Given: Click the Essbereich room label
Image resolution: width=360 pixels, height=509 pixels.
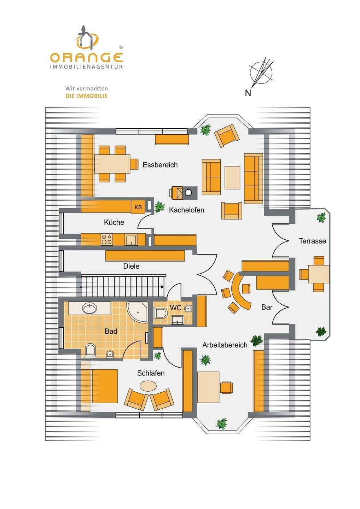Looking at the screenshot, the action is (x=160, y=165).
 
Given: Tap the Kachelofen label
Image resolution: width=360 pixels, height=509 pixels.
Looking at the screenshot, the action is (x=186, y=210).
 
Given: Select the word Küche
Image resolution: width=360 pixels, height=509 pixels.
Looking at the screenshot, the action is (x=114, y=222).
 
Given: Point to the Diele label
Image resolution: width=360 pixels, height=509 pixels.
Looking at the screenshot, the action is (x=131, y=266).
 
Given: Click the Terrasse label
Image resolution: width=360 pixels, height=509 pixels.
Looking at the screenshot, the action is (x=312, y=241).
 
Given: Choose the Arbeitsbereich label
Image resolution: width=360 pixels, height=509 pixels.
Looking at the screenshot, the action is (x=225, y=345).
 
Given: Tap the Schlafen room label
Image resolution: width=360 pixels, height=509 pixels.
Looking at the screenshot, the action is (x=151, y=373).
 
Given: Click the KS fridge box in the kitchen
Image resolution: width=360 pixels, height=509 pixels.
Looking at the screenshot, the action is (x=138, y=207).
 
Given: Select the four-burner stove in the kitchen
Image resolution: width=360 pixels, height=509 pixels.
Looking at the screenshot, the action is (x=107, y=240).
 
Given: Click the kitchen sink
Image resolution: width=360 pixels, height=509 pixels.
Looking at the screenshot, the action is (x=130, y=240).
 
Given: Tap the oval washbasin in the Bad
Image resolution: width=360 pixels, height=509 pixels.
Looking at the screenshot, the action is (x=89, y=308).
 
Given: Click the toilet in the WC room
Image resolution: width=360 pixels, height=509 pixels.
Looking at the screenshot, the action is (x=161, y=313).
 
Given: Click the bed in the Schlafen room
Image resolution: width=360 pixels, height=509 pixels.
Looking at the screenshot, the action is (x=100, y=386).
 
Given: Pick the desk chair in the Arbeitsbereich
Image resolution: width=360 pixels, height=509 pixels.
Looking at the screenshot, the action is (x=226, y=387).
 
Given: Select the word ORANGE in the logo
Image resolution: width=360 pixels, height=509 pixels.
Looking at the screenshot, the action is (x=86, y=57).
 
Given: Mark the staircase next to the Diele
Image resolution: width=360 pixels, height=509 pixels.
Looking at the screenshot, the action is (x=123, y=286).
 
